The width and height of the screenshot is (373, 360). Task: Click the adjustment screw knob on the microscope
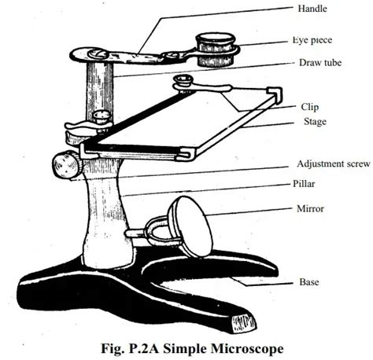[x=63, y=165]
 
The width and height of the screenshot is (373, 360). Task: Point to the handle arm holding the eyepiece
[x=138, y=54]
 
